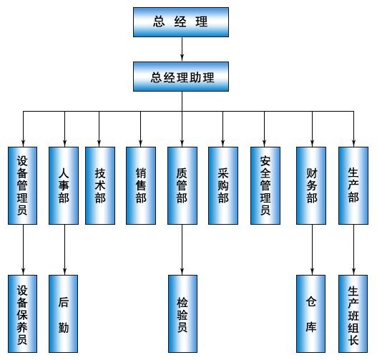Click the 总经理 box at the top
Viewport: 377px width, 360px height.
tap(181, 22)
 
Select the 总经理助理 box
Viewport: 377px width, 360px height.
tap(181, 77)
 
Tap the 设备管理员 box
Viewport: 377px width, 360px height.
tap(23, 185)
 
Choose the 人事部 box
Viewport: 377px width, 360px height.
tap(64, 185)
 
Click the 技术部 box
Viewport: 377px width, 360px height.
tap(100, 185)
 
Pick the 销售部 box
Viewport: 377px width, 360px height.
tap(141, 185)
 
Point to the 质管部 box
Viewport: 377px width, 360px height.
tap(182, 185)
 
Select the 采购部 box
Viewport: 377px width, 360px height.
tap(223, 185)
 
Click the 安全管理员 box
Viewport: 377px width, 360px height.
tap(265, 185)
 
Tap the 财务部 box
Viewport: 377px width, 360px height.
tap(311, 185)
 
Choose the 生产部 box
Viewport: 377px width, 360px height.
tap(353, 185)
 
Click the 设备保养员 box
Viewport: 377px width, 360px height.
tap(23, 313)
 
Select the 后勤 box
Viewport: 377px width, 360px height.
tap(64, 313)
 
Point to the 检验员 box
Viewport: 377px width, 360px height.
tap(182, 313)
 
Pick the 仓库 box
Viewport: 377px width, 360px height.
tap(311, 313)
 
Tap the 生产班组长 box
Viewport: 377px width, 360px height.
tap(353, 313)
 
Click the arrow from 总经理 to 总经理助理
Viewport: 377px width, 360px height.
tap(182, 49)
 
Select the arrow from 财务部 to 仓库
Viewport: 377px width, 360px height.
tap(313, 250)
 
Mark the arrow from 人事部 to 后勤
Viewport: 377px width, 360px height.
tap(64, 250)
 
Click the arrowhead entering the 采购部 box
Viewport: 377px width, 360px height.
tap(223, 143)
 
